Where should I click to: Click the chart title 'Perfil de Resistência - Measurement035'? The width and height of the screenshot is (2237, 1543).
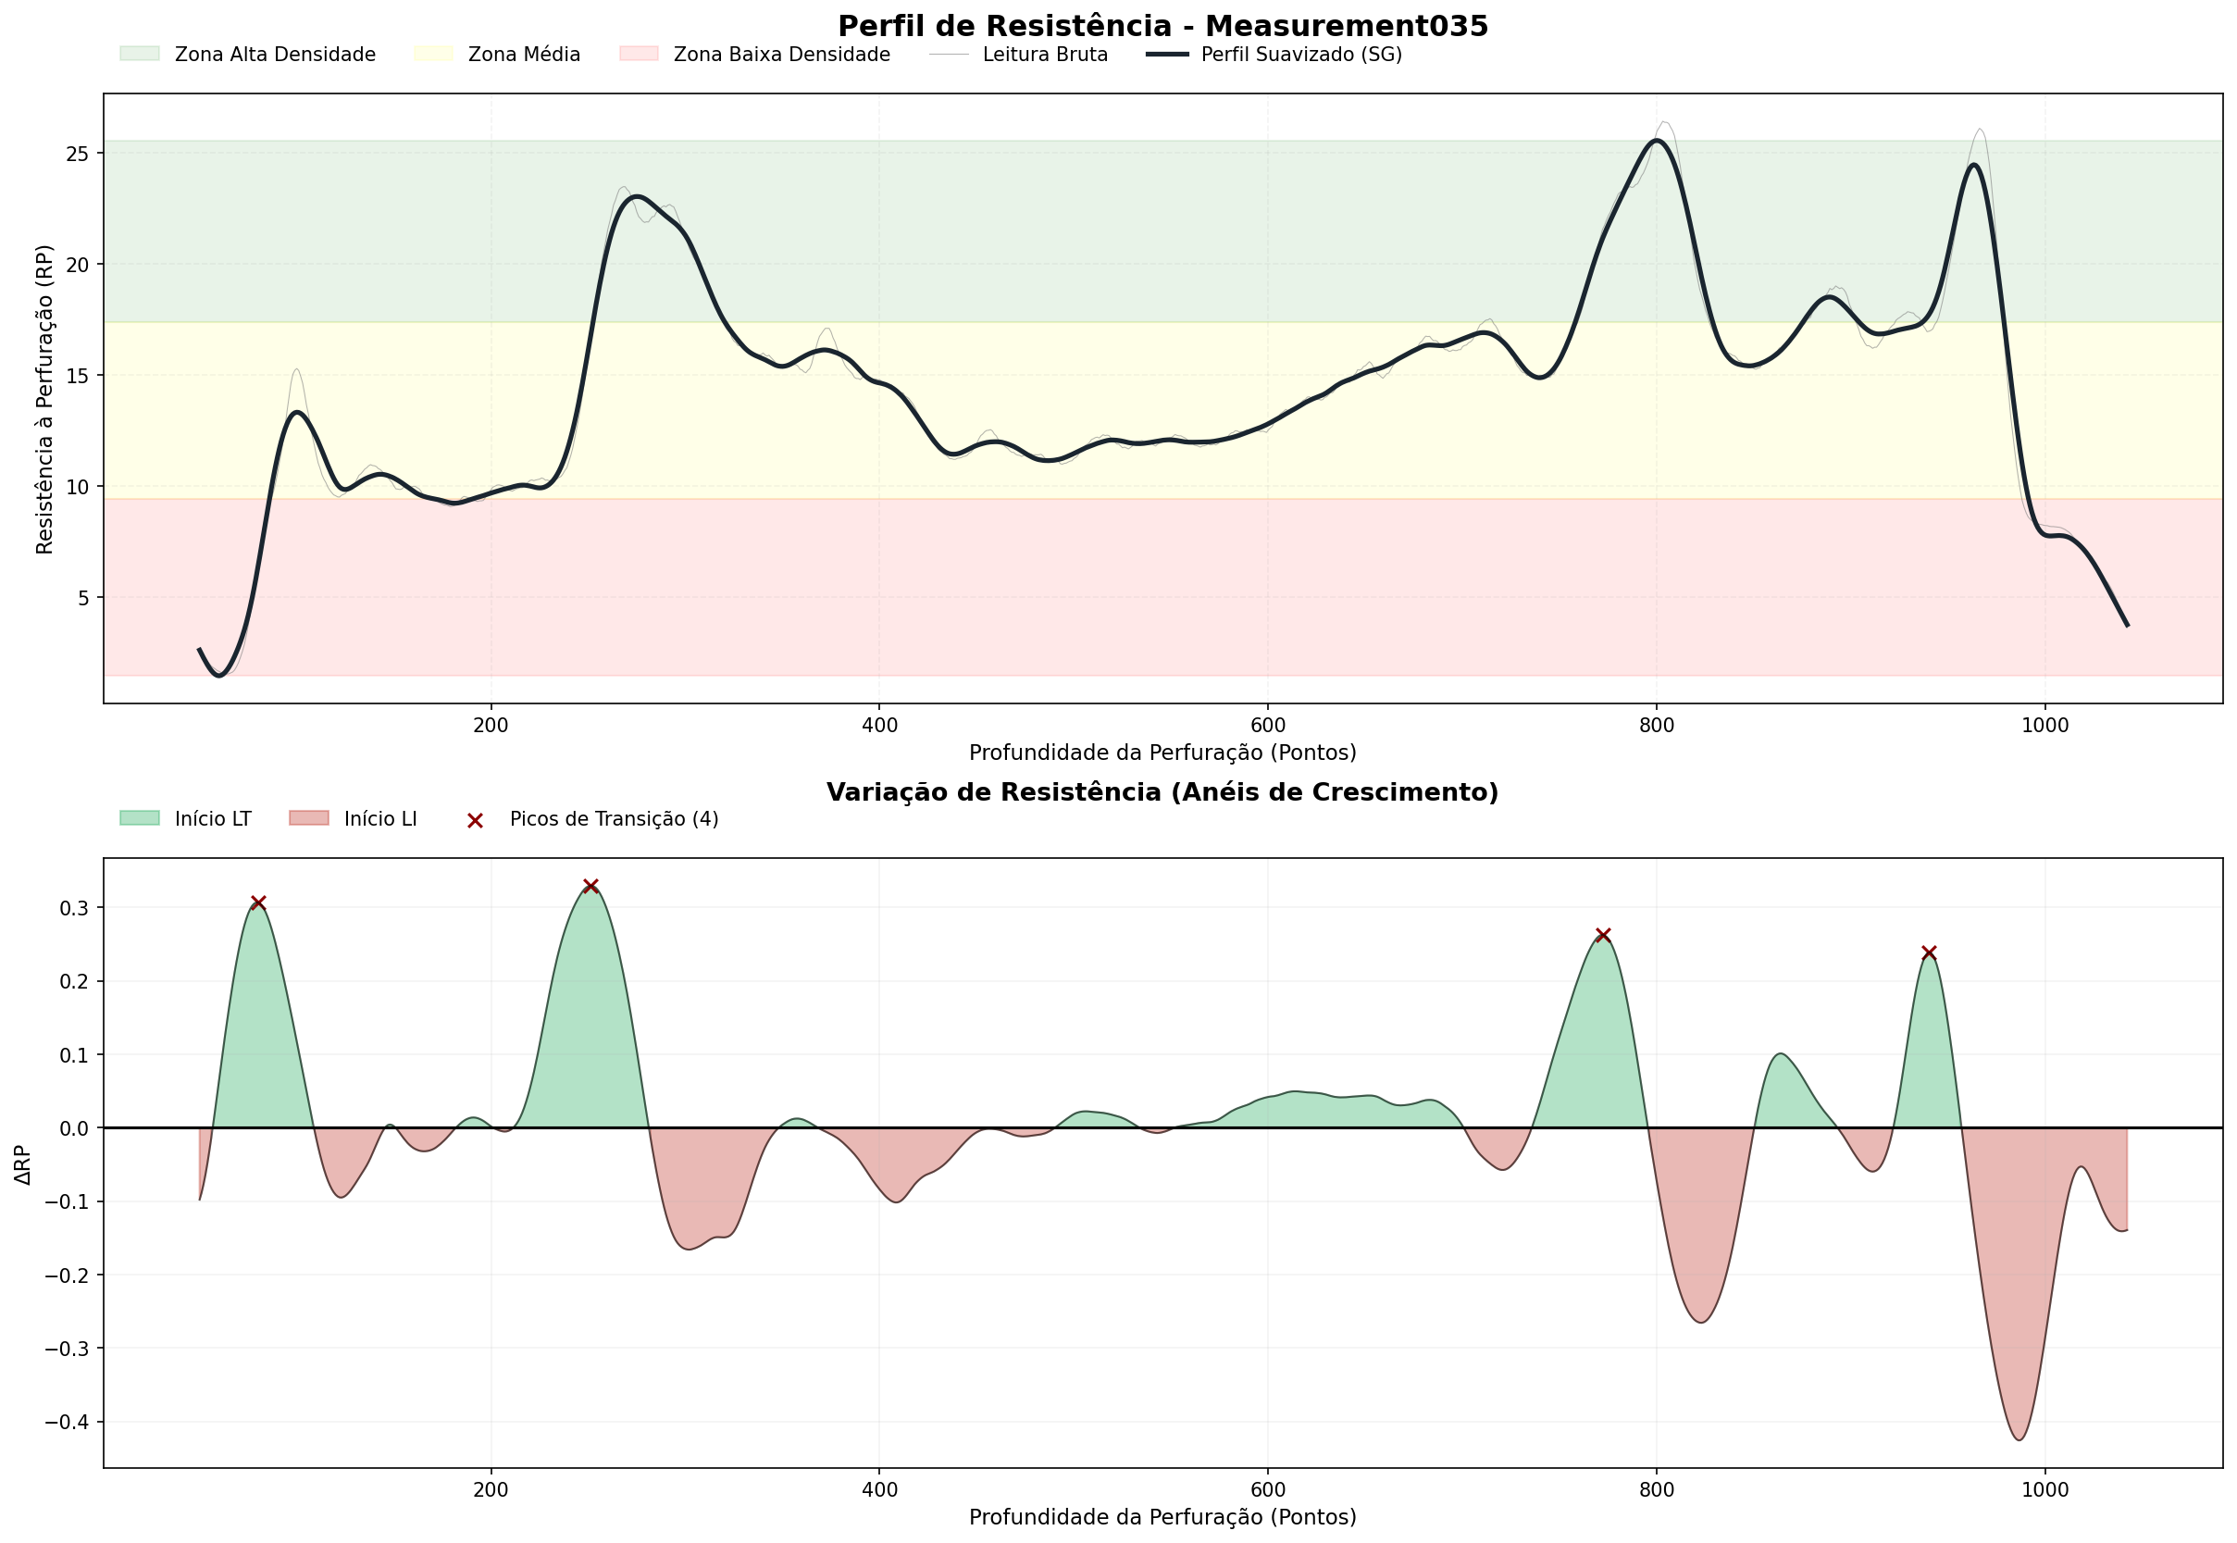click(x=1162, y=26)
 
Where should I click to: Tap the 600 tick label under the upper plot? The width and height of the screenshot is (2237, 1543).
click(x=1267, y=726)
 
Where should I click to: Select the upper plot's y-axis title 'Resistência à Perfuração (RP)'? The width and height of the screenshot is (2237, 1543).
click(x=44, y=399)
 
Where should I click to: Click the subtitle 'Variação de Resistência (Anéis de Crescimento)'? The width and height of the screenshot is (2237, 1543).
click(x=1162, y=792)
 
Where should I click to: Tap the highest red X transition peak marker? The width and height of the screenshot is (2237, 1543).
click(x=590, y=887)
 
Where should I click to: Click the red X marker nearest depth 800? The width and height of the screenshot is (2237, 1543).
click(x=1603, y=935)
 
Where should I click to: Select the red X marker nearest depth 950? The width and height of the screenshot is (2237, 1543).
click(x=1929, y=953)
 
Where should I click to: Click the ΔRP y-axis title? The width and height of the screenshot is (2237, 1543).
click(x=23, y=1165)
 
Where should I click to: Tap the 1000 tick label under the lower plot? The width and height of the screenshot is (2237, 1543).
click(x=2044, y=1490)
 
